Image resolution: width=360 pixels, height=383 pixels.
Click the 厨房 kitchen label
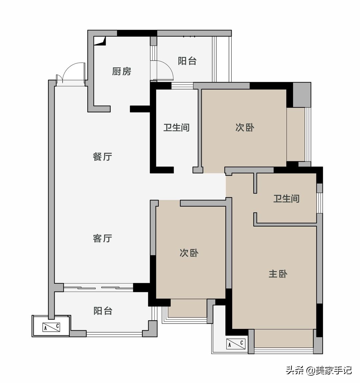click(x=122, y=71)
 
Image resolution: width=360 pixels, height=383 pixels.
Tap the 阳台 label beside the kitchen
click(x=187, y=61)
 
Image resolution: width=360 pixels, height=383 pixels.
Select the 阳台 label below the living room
click(x=103, y=311)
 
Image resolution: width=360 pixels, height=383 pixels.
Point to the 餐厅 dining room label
click(x=102, y=156)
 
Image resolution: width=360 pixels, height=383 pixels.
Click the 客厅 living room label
click(x=102, y=238)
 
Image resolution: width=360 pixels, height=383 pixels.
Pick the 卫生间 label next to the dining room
click(x=176, y=127)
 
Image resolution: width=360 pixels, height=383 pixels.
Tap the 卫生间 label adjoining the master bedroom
click(x=286, y=199)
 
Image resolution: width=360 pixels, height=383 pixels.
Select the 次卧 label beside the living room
click(x=189, y=253)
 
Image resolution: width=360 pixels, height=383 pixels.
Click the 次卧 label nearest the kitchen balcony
click(x=245, y=127)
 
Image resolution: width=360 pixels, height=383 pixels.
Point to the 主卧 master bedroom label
click(x=278, y=274)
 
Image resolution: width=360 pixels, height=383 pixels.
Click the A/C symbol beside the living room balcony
click(x=51, y=327)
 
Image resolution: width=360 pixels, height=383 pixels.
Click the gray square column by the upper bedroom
click(x=302, y=95)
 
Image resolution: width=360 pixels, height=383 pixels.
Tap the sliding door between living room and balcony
click(x=98, y=287)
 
